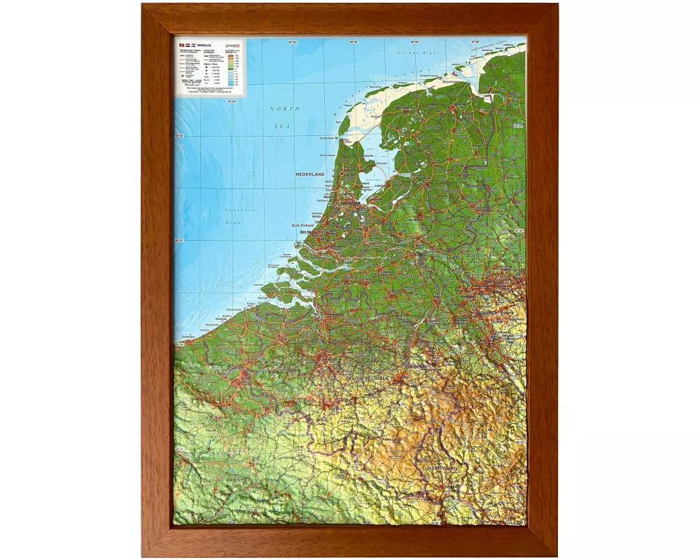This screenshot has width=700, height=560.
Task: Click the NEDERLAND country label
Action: click(x=311, y=174)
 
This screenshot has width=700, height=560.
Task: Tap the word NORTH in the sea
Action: click(x=286, y=109)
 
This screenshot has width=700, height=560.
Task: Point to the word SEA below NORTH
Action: click(x=286, y=125)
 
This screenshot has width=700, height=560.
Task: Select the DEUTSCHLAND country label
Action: click(x=480, y=255)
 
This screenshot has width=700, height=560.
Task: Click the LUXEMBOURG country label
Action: click(x=440, y=467)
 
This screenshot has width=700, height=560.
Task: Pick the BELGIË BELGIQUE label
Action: click(x=365, y=378)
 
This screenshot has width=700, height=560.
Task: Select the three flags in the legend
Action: click(x=188, y=44)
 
